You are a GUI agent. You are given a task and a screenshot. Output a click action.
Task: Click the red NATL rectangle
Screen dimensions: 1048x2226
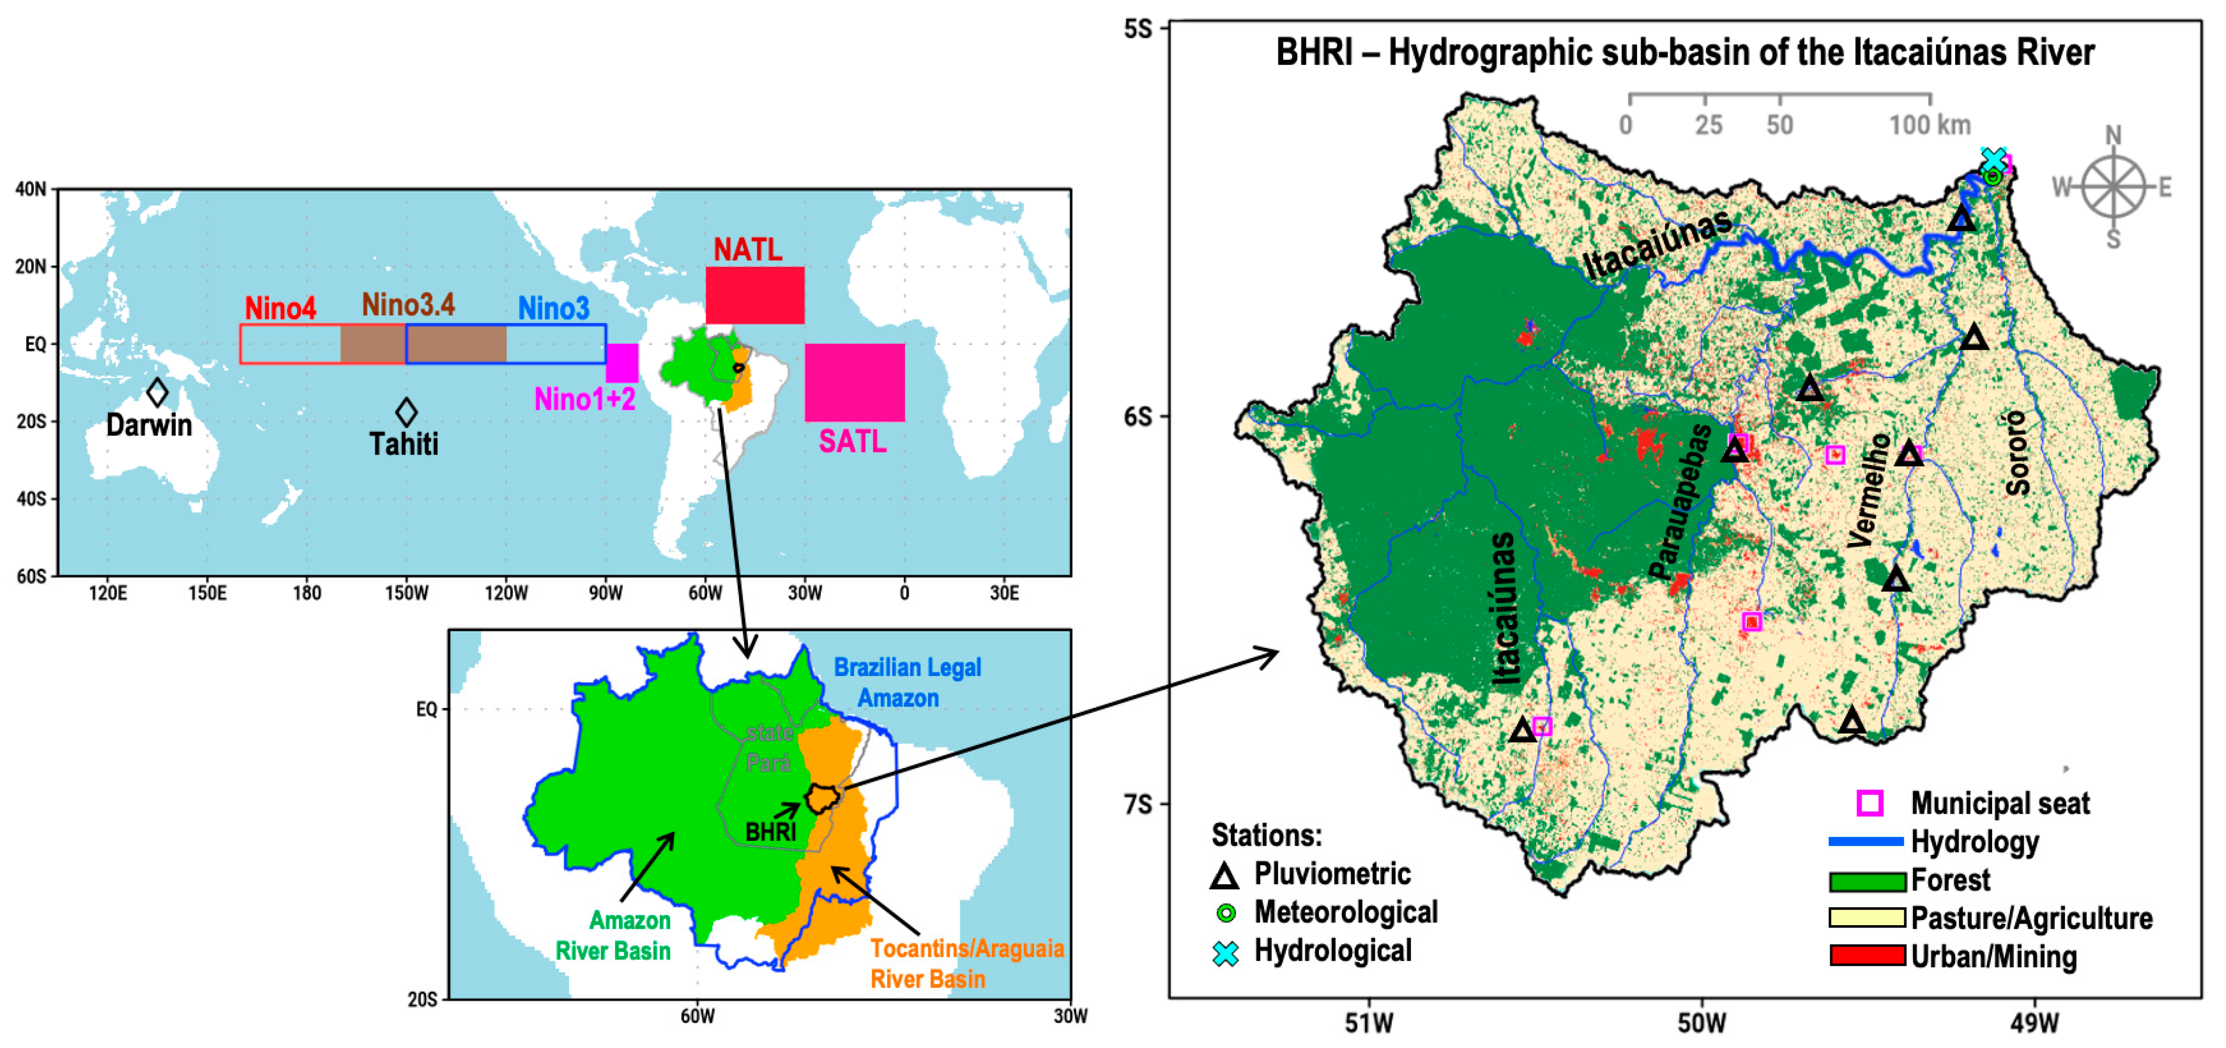755,295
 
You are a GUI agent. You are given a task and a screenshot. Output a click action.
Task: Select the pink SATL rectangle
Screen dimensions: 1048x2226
855,382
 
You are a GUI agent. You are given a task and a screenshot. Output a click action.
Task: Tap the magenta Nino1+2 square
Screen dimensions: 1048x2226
621,363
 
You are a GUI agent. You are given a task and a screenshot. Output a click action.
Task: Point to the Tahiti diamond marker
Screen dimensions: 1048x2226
406,412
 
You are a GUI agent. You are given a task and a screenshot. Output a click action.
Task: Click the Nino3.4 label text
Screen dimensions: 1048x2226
408,305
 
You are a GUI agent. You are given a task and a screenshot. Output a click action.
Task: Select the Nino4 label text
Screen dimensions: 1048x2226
280,308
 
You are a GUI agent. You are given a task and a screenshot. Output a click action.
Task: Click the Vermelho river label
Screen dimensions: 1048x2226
1869,491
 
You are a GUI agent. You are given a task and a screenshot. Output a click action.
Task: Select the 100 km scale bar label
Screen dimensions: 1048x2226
1929,125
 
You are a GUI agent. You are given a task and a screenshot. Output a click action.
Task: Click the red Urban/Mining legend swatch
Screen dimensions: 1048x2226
1867,955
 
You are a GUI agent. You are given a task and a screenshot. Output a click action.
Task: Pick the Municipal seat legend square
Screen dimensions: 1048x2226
1870,802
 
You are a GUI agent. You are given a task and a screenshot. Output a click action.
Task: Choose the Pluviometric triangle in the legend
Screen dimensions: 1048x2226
1224,876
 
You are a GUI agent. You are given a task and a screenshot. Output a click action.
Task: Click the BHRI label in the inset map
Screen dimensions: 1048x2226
770,832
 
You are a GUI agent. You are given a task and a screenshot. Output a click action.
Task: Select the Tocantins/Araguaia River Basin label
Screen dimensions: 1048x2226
966,963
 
